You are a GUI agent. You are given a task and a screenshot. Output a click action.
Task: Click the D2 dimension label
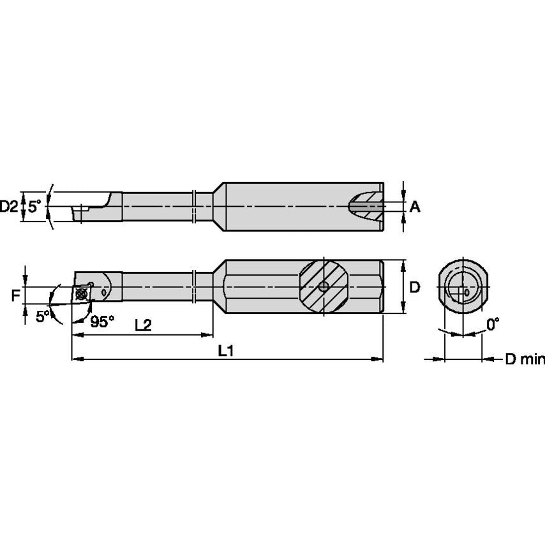(9, 206)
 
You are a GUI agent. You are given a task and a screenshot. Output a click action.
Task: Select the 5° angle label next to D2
(34, 206)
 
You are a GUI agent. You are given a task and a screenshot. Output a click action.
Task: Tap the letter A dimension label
(414, 206)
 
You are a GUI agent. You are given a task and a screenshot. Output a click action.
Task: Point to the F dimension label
(15, 295)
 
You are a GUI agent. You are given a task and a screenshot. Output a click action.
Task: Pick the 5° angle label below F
(42, 316)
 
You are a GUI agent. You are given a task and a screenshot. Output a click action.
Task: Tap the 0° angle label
(492, 325)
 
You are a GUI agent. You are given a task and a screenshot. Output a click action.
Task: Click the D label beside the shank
(414, 287)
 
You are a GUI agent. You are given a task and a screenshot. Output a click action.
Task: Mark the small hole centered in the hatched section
(324, 287)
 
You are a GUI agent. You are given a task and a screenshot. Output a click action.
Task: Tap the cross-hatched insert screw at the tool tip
(81, 294)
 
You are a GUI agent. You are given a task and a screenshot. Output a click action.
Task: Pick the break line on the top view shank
(193, 206)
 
